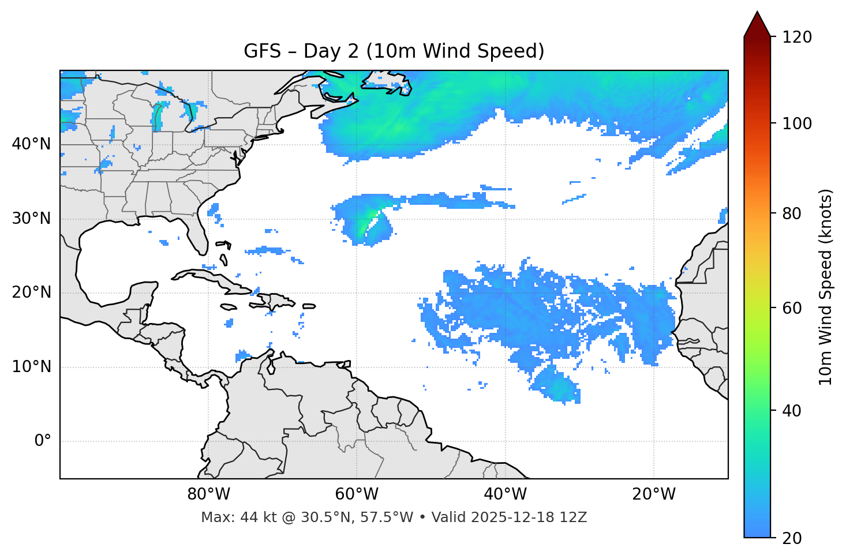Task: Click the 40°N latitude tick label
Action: (31, 144)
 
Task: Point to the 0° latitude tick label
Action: (42, 441)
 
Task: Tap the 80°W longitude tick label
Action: (208, 494)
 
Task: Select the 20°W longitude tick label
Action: (654, 494)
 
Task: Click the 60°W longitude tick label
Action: (357, 494)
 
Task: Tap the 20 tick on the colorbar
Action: (793, 538)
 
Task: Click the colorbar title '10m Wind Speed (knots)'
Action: (826, 287)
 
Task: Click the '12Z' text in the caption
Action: (574, 517)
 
